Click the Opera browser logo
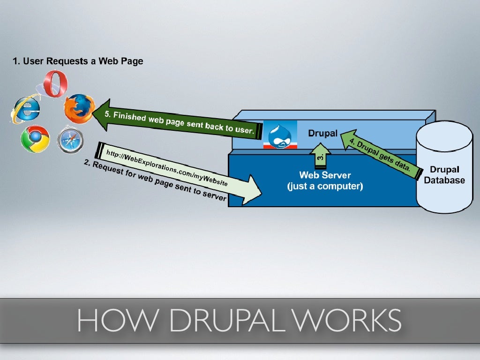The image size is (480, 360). click(56, 83)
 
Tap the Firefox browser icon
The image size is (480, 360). click(79, 108)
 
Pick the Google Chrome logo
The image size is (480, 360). click(35, 139)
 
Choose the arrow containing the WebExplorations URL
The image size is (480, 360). click(178, 171)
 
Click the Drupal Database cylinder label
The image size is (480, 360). click(444, 175)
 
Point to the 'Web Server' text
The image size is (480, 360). click(325, 175)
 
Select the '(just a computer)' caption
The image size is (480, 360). click(325, 186)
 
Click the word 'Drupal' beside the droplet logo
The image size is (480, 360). click(322, 133)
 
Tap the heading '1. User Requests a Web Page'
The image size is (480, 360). click(78, 61)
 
